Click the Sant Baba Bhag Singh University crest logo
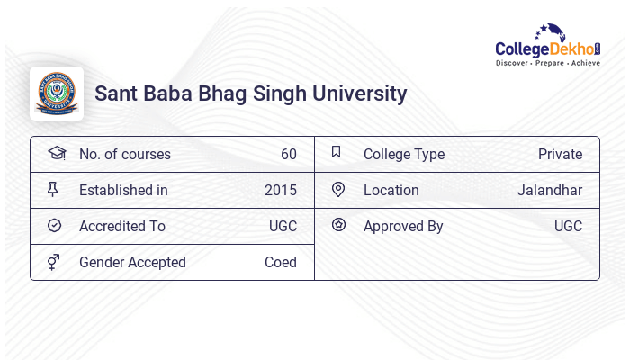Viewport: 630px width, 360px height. tap(57, 94)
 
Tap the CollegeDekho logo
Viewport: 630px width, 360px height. tap(548, 45)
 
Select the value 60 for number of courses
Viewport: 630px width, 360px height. tap(289, 154)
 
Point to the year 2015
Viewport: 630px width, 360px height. tap(281, 191)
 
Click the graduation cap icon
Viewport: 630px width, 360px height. tap(57, 153)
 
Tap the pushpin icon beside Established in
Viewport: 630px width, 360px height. tap(52, 189)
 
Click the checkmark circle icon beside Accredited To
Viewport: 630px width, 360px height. tap(54, 225)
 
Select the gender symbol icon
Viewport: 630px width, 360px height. tap(53, 262)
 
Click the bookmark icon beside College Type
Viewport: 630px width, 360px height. tap(337, 152)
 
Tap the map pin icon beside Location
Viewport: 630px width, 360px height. tap(338, 190)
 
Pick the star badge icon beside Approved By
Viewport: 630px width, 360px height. tap(338, 225)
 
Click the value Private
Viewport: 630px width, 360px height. tap(560, 154)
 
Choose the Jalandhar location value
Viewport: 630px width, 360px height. tap(550, 191)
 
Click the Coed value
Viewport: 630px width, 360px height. tap(281, 263)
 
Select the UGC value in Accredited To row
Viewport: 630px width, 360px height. tap(283, 226)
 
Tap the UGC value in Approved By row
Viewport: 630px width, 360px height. tap(568, 226)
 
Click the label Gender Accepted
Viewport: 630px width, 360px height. tap(132, 263)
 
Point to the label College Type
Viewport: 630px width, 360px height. tap(404, 155)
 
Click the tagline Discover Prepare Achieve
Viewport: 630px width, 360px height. tap(548, 63)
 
